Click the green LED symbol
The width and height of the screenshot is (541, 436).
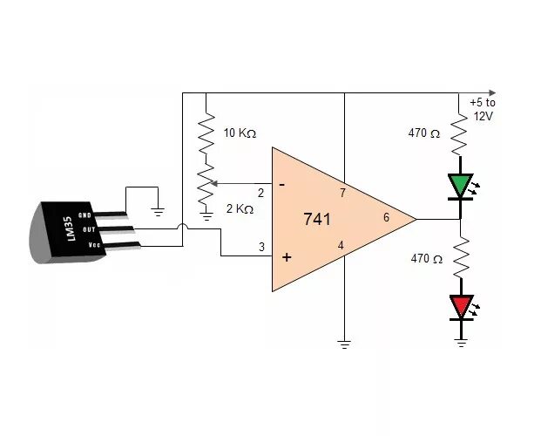tap(459, 186)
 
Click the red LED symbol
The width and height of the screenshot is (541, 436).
tap(459, 306)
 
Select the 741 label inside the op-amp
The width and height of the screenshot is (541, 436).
tap(318, 220)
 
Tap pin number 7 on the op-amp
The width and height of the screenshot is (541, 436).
tap(342, 193)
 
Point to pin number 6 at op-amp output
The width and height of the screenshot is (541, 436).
tap(386, 217)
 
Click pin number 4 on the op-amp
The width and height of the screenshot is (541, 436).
tap(341, 246)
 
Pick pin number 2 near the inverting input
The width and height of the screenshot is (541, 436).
tap(260, 193)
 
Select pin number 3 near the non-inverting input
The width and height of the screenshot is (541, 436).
tap(260, 248)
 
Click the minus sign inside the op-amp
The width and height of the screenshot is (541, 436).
tap(281, 185)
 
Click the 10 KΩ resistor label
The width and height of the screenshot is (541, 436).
tap(240, 133)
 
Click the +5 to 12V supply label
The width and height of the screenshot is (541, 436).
tap(482, 108)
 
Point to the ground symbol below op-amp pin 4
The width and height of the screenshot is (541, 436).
tap(345, 344)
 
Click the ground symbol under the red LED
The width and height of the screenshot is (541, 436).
tap(460, 342)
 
